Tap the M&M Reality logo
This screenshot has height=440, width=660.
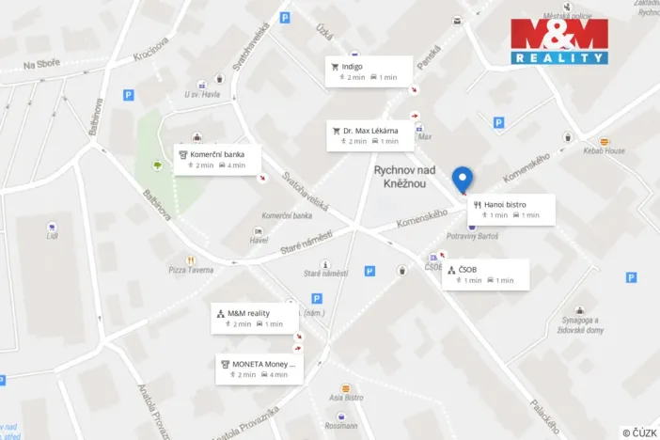coord(559,40)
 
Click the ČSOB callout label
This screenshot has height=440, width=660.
coord(484,275)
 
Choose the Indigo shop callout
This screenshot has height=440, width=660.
coord(369,71)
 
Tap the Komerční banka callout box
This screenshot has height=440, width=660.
coord(216,159)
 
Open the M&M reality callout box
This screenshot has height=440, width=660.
coord(253,318)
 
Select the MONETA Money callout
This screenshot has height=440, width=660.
coord(259,369)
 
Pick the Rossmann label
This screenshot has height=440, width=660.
coord(340,425)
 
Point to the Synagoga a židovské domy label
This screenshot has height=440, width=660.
coord(578,325)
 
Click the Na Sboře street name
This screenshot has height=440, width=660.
coord(41,63)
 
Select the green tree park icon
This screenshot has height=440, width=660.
coord(156,167)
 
